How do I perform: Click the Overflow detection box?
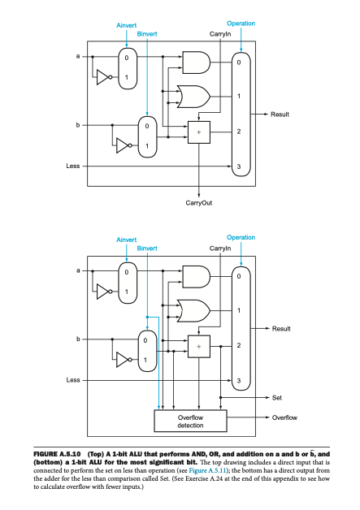pyautogui.click(x=191, y=419)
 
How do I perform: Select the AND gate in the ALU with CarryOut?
pyautogui.click(x=195, y=63)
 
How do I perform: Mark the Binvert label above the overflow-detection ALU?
pyautogui.click(x=146, y=247)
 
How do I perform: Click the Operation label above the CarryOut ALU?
pyautogui.click(x=241, y=24)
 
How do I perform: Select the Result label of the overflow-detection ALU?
pyautogui.click(x=281, y=328)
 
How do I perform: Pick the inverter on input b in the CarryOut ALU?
pyautogui.click(x=122, y=146)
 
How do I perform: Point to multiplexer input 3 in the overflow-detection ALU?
pyautogui.click(x=239, y=379)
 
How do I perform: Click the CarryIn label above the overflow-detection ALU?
pyautogui.click(x=220, y=247)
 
